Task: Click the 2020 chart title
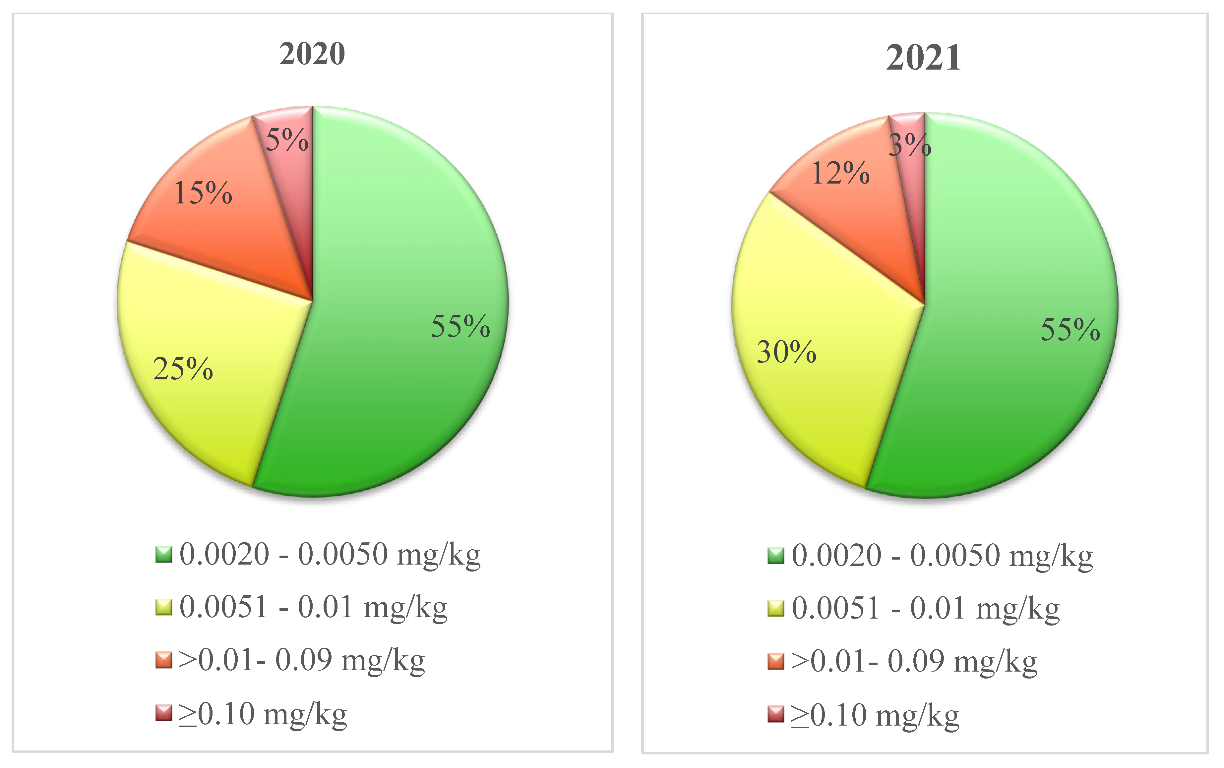click(312, 54)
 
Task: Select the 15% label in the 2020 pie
click(203, 193)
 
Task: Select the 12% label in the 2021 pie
click(840, 173)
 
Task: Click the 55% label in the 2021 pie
click(1070, 330)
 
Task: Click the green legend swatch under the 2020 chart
click(163, 554)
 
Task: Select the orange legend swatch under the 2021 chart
click(775, 661)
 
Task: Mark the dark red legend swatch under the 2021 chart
click(775, 714)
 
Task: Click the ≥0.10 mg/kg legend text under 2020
click(263, 714)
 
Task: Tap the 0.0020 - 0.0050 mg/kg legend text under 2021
click(942, 555)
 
